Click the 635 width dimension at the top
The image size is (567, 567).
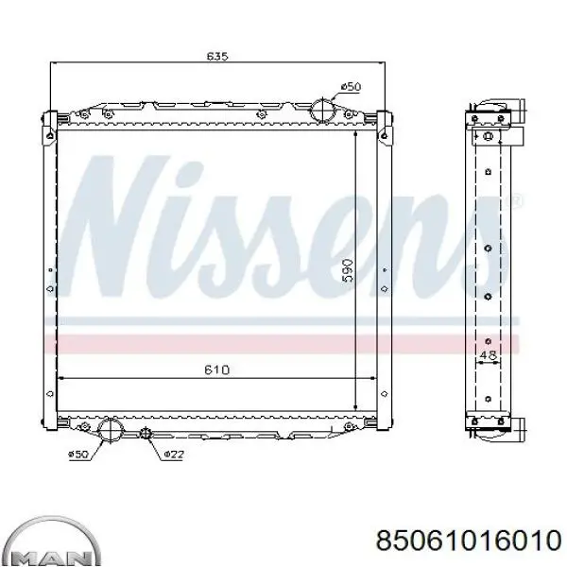[x=217, y=56]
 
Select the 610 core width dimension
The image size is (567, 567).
[x=217, y=369]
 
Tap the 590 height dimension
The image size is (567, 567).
[x=348, y=269]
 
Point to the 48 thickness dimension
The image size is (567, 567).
[x=488, y=355]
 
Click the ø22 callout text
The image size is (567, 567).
[x=174, y=455]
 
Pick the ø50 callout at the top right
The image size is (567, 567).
[x=352, y=87]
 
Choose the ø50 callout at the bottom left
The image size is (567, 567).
[x=78, y=455]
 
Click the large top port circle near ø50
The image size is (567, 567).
[x=322, y=110]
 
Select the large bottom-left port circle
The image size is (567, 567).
[x=111, y=429]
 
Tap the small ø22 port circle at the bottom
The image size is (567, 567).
[x=146, y=433]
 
